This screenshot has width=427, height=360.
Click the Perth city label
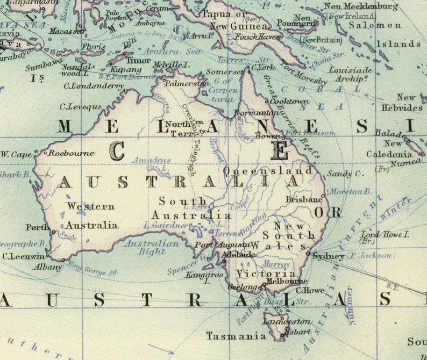37,227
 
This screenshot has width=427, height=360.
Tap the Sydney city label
329,256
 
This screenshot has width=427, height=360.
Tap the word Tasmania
236,336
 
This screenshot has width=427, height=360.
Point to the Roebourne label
72,153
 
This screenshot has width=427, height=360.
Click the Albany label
47,267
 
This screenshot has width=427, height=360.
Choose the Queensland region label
268,170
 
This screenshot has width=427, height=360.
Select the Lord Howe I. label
385,235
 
